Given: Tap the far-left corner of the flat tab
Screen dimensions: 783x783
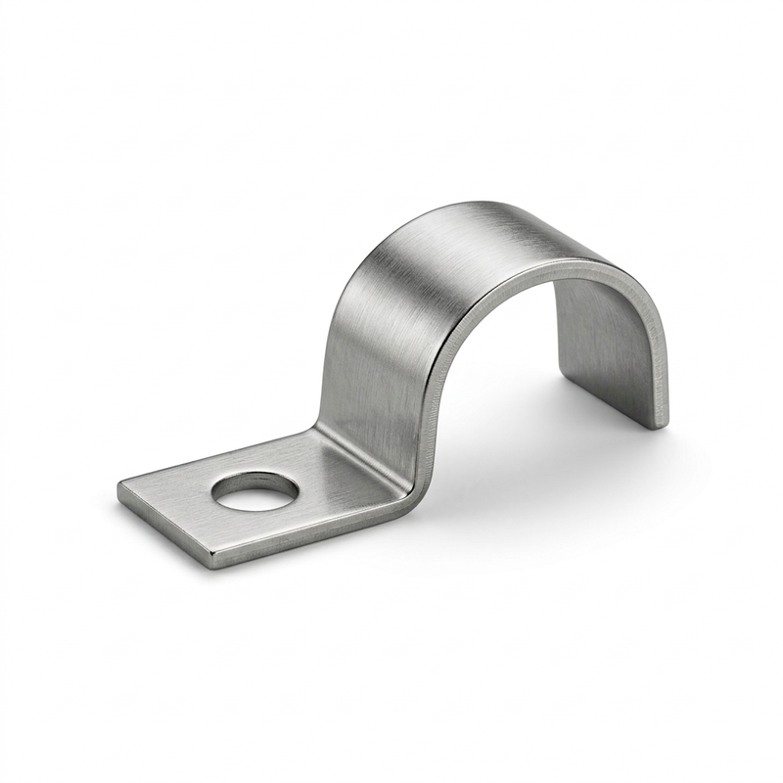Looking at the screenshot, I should (x=120, y=484).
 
